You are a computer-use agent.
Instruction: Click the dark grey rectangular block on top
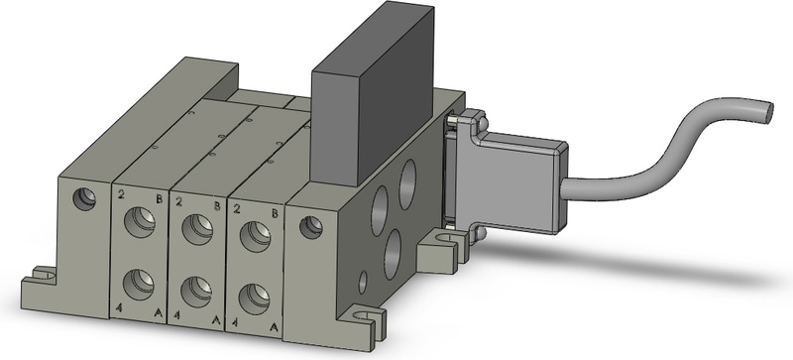(x=372, y=93)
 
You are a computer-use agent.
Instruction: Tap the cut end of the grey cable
(x=767, y=112)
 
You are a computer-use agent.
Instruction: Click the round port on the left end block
(x=84, y=199)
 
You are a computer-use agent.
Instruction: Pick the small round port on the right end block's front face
(x=311, y=227)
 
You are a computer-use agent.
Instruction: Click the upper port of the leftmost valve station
(x=140, y=222)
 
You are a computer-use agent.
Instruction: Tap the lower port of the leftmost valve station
(x=139, y=284)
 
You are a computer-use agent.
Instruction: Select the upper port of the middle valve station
(x=197, y=229)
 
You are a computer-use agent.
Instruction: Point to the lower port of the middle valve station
(x=196, y=292)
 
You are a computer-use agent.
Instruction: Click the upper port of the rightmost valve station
(x=256, y=236)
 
